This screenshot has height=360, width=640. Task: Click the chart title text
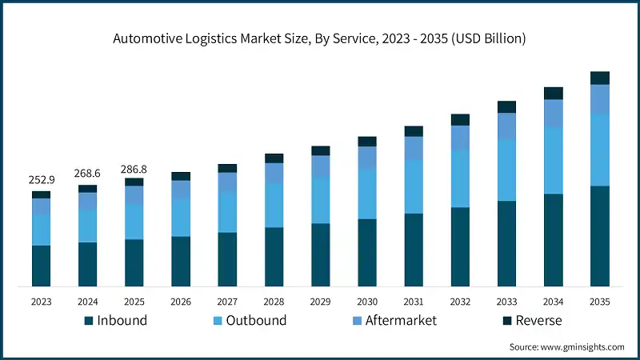point(320,38)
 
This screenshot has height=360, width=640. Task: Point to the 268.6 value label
point(87,173)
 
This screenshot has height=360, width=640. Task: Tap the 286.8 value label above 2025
point(134,170)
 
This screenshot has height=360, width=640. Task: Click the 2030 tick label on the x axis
point(367,302)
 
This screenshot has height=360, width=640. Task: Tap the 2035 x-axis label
point(599,302)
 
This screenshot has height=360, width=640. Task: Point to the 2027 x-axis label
point(227,302)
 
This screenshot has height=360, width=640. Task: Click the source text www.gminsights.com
point(566,347)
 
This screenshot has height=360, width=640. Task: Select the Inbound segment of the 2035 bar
point(599,236)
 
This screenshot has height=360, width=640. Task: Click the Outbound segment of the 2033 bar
point(506,170)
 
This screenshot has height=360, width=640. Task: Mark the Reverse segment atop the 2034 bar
point(553,94)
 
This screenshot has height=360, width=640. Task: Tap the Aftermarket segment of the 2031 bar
point(414,148)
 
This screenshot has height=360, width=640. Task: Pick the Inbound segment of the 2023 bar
point(41,266)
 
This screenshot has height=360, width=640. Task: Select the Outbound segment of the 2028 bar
point(274,206)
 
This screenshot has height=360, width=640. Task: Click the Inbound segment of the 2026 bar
point(181,262)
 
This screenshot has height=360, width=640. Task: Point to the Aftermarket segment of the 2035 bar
point(599,99)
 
